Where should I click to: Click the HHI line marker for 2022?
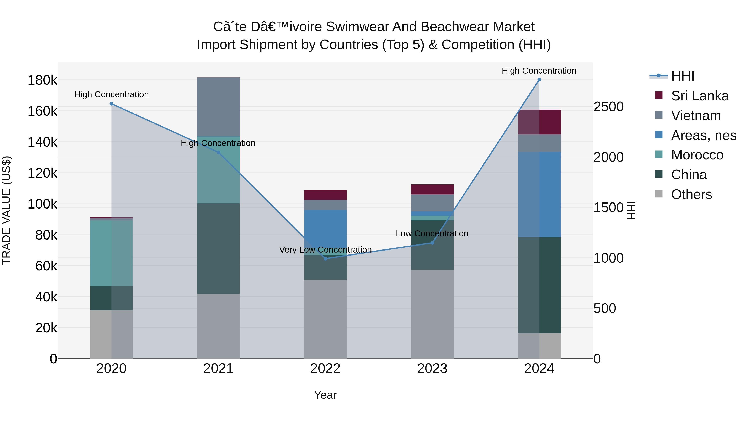pos(325,258)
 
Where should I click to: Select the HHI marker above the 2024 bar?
pos(539,80)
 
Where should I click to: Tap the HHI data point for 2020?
pos(112,104)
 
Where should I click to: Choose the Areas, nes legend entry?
pos(703,135)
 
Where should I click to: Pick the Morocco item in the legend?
pos(697,155)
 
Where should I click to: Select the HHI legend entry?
pos(682,76)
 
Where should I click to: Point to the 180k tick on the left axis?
pos(42,80)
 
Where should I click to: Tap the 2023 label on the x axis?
pos(432,369)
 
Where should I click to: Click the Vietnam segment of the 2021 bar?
pos(218,107)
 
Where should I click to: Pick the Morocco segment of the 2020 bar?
pos(112,253)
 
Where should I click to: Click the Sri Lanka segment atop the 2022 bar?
pos(325,195)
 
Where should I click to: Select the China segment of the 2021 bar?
pos(218,248)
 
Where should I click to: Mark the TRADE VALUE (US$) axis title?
pos(6,210)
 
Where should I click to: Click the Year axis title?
pos(325,395)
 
